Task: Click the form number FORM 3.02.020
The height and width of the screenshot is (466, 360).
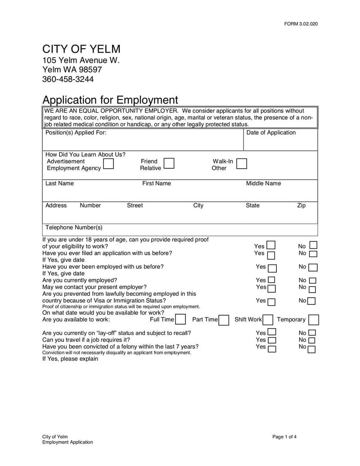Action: (x=301, y=24)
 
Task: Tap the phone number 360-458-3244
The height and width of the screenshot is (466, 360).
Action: (x=68, y=79)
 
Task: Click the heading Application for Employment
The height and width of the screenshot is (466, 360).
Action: (x=110, y=100)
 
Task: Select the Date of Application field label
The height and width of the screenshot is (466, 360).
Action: (x=271, y=132)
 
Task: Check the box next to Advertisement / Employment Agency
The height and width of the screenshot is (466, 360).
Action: (x=108, y=163)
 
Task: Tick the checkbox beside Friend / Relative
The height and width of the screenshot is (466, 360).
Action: (x=169, y=163)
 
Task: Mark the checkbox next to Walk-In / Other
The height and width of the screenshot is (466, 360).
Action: (x=242, y=163)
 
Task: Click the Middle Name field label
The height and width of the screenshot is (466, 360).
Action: (x=263, y=183)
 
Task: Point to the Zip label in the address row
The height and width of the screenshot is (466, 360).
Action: (x=301, y=205)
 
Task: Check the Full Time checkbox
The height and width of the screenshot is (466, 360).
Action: (x=180, y=320)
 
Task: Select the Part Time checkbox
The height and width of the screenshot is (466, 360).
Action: (x=224, y=320)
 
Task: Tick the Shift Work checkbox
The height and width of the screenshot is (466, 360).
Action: (x=268, y=320)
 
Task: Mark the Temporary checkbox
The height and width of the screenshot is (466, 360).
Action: (x=314, y=320)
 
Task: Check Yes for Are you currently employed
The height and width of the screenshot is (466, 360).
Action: (x=271, y=281)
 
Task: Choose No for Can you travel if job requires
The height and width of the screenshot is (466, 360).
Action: (x=311, y=340)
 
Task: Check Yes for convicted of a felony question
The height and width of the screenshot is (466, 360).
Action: (x=271, y=348)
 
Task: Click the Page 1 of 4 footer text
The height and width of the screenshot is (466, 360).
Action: (x=284, y=437)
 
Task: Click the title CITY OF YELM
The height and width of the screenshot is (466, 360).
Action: (x=81, y=49)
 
